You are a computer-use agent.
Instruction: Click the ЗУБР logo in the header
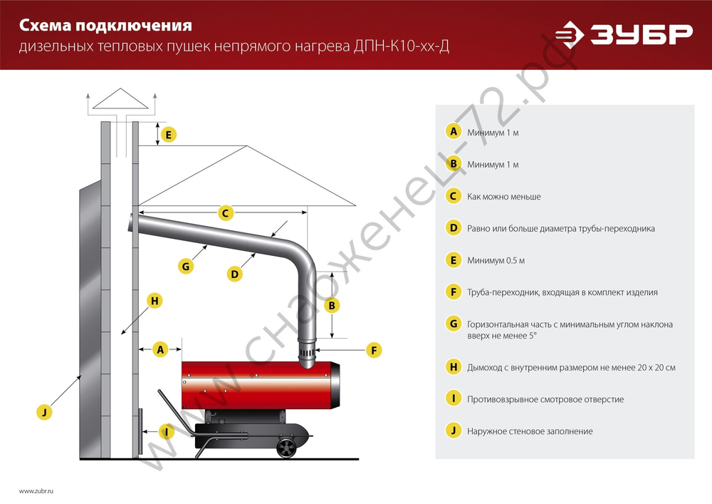click(x=624, y=34)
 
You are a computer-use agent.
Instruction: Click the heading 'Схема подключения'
click(x=105, y=26)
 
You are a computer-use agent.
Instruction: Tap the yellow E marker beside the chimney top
click(x=168, y=134)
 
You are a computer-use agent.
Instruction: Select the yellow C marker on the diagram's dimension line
click(x=224, y=212)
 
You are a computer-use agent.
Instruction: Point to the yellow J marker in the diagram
click(x=44, y=411)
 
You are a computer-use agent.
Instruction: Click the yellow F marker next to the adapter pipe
click(x=372, y=350)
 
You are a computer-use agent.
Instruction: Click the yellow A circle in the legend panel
click(x=453, y=132)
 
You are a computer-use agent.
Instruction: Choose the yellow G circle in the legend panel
click(x=453, y=324)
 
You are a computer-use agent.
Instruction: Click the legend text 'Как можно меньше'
click(x=504, y=196)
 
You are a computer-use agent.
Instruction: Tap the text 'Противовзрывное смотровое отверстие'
click(x=545, y=399)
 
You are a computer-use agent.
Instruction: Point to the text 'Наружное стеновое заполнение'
click(x=530, y=431)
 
